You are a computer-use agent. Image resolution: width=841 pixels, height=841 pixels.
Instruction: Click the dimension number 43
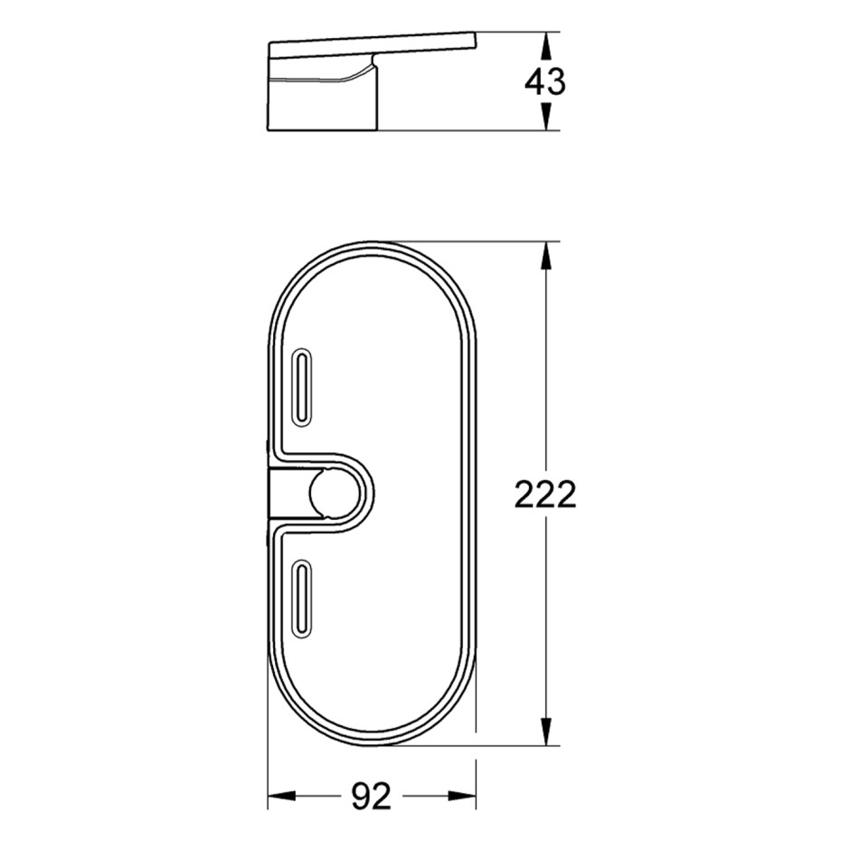click(x=545, y=82)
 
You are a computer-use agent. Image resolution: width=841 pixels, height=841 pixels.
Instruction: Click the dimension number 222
click(x=545, y=494)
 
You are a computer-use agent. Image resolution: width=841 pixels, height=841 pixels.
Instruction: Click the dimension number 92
click(x=372, y=796)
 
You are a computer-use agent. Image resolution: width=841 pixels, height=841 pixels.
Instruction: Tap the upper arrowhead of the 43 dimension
click(x=545, y=45)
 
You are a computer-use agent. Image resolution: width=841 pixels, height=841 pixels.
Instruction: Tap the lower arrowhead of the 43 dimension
click(x=545, y=117)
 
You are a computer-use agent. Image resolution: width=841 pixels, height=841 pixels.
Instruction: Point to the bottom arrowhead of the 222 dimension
click(x=545, y=732)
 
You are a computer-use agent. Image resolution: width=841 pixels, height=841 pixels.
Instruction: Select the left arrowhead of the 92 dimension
click(x=281, y=796)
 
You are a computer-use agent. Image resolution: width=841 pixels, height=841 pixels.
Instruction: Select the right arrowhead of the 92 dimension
click(x=462, y=796)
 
